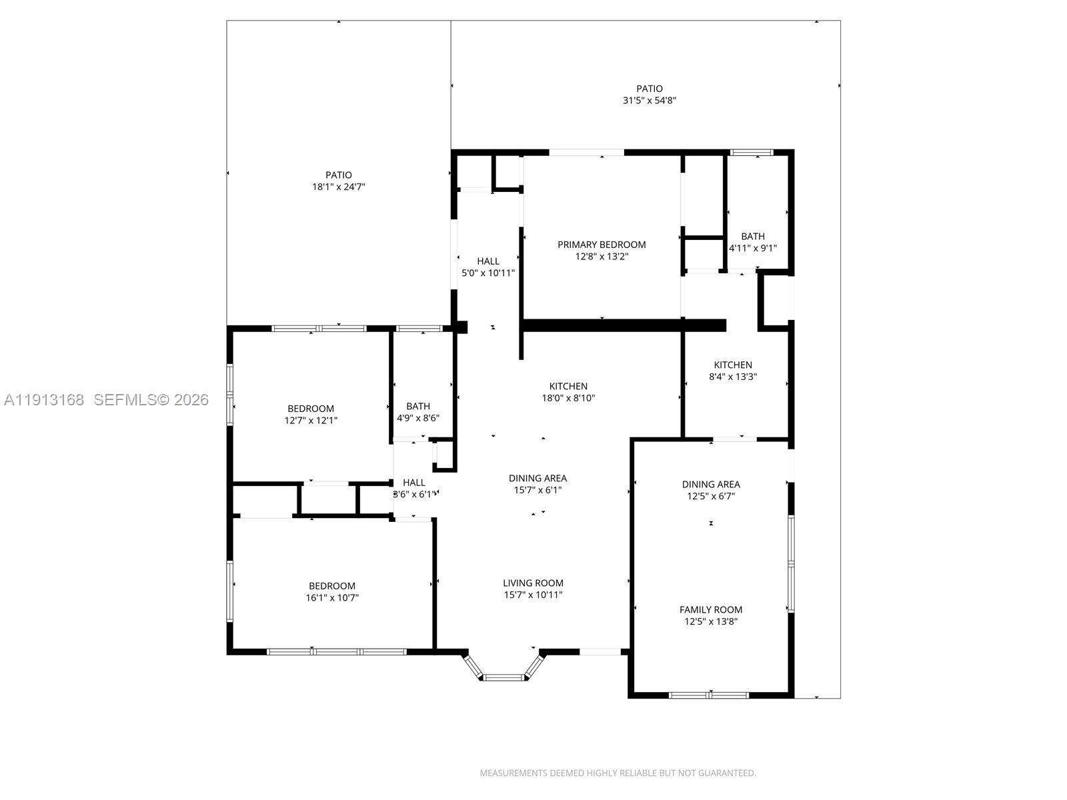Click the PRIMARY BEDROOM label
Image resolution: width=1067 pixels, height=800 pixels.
tap(602, 245)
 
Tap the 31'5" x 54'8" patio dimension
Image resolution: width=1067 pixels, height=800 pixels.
tap(649, 101)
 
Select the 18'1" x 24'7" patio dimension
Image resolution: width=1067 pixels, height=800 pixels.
tap(339, 187)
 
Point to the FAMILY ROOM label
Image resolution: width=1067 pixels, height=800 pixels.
tap(710, 609)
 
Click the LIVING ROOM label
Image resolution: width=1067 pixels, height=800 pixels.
tap(533, 583)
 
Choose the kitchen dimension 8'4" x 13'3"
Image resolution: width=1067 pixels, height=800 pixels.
tap(732, 377)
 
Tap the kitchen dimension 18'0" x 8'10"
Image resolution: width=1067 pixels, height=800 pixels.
tap(568, 398)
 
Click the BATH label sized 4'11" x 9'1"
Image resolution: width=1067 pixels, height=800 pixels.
tap(753, 236)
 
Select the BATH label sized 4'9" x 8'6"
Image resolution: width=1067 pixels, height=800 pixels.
tap(418, 406)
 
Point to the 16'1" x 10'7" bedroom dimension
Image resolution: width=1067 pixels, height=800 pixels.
tap(332, 598)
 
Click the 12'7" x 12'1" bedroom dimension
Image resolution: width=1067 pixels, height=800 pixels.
tap(311, 421)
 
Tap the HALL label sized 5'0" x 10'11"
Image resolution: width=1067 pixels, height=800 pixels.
tap(488, 261)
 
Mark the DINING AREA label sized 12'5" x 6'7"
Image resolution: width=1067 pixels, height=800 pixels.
tap(710, 485)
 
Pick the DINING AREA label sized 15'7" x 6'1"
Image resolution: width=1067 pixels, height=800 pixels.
tap(538, 478)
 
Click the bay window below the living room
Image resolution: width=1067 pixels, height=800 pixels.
tap(505, 677)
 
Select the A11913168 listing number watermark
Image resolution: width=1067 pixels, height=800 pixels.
tap(44, 400)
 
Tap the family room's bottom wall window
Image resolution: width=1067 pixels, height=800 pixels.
tap(709, 695)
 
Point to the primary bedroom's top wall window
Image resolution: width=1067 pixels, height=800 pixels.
tap(586, 153)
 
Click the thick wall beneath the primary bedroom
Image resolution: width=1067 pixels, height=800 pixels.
tap(624, 325)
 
